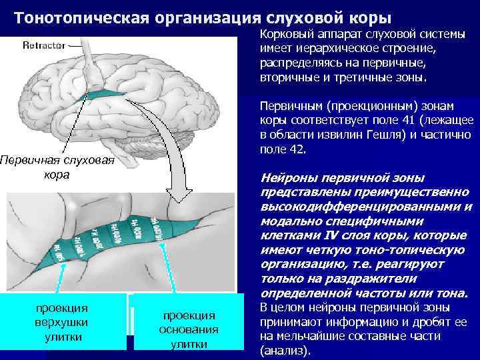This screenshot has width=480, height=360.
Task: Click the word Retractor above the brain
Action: (44, 45)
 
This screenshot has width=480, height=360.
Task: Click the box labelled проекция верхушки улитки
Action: (62, 323)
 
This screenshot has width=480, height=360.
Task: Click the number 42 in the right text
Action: (295, 149)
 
